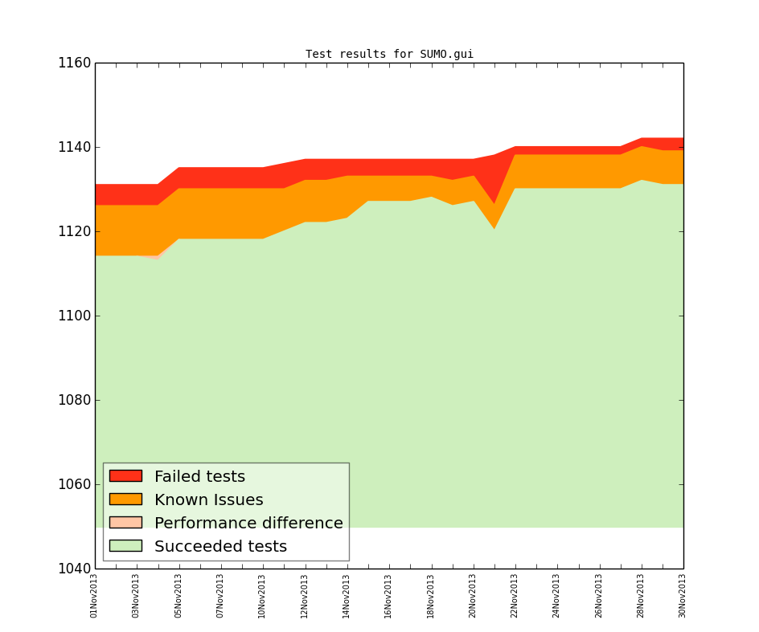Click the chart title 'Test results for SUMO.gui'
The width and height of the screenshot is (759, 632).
(x=389, y=55)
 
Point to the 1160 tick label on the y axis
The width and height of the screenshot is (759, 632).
(x=74, y=63)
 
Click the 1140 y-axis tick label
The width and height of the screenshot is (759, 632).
(x=74, y=147)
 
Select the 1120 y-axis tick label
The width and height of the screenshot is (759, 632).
(x=74, y=231)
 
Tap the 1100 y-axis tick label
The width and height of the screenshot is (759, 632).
(x=74, y=316)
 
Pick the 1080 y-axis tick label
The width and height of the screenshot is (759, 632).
(x=74, y=400)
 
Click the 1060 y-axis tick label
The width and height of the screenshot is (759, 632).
(x=74, y=484)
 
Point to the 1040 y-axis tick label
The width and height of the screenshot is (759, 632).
(x=74, y=569)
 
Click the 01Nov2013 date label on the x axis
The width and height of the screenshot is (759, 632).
(x=94, y=595)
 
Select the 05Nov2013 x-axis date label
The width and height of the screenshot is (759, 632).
(x=178, y=595)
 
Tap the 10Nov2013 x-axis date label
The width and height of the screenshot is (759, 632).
(x=262, y=595)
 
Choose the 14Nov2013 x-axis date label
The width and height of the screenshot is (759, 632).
(x=347, y=595)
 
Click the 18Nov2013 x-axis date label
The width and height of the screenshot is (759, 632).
(x=431, y=595)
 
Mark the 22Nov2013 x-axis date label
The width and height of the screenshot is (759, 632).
(x=515, y=595)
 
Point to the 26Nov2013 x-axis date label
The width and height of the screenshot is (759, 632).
(x=599, y=595)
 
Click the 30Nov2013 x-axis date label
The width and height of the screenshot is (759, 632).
(x=683, y=595)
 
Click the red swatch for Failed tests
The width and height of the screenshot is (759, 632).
(x=125, y=476)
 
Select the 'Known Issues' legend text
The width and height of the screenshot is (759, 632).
(x=208, y=500)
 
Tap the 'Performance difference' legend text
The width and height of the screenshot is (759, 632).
(x=248, y=524)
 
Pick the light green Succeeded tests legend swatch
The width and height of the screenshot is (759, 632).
(x=125, y=546)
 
